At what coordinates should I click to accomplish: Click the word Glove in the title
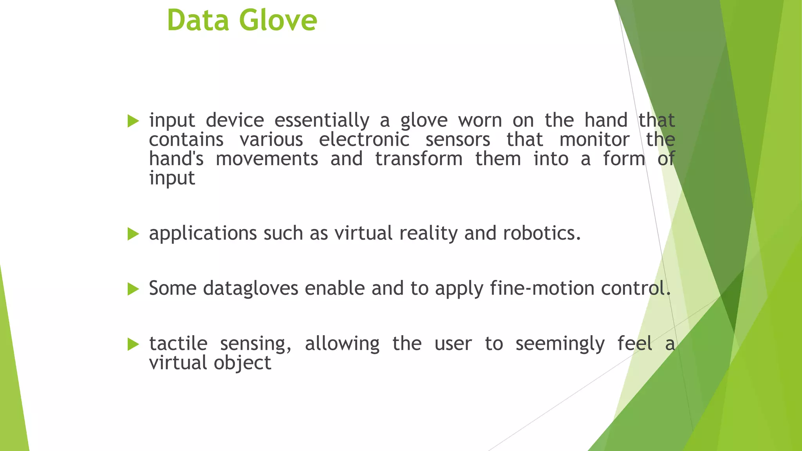tap(278, 20)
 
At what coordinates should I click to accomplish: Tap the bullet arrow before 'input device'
tap(133, 121)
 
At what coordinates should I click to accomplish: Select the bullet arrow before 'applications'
tap(133, 234)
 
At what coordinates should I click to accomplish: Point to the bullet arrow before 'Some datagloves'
tap(133, 289)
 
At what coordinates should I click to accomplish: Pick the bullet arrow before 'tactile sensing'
tap(133, 345)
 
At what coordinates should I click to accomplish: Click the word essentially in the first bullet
tap(322, 120)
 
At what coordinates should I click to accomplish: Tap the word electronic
tap(364, 140)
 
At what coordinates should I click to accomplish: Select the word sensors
tap(458, 140)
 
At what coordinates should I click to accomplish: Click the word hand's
tap(176, 159)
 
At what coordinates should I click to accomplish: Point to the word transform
tap(419, 159)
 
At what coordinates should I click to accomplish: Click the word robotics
tap(541, 233)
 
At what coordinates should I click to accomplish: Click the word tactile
tap(178, 344)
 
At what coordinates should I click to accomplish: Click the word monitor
tap(594, 140)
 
